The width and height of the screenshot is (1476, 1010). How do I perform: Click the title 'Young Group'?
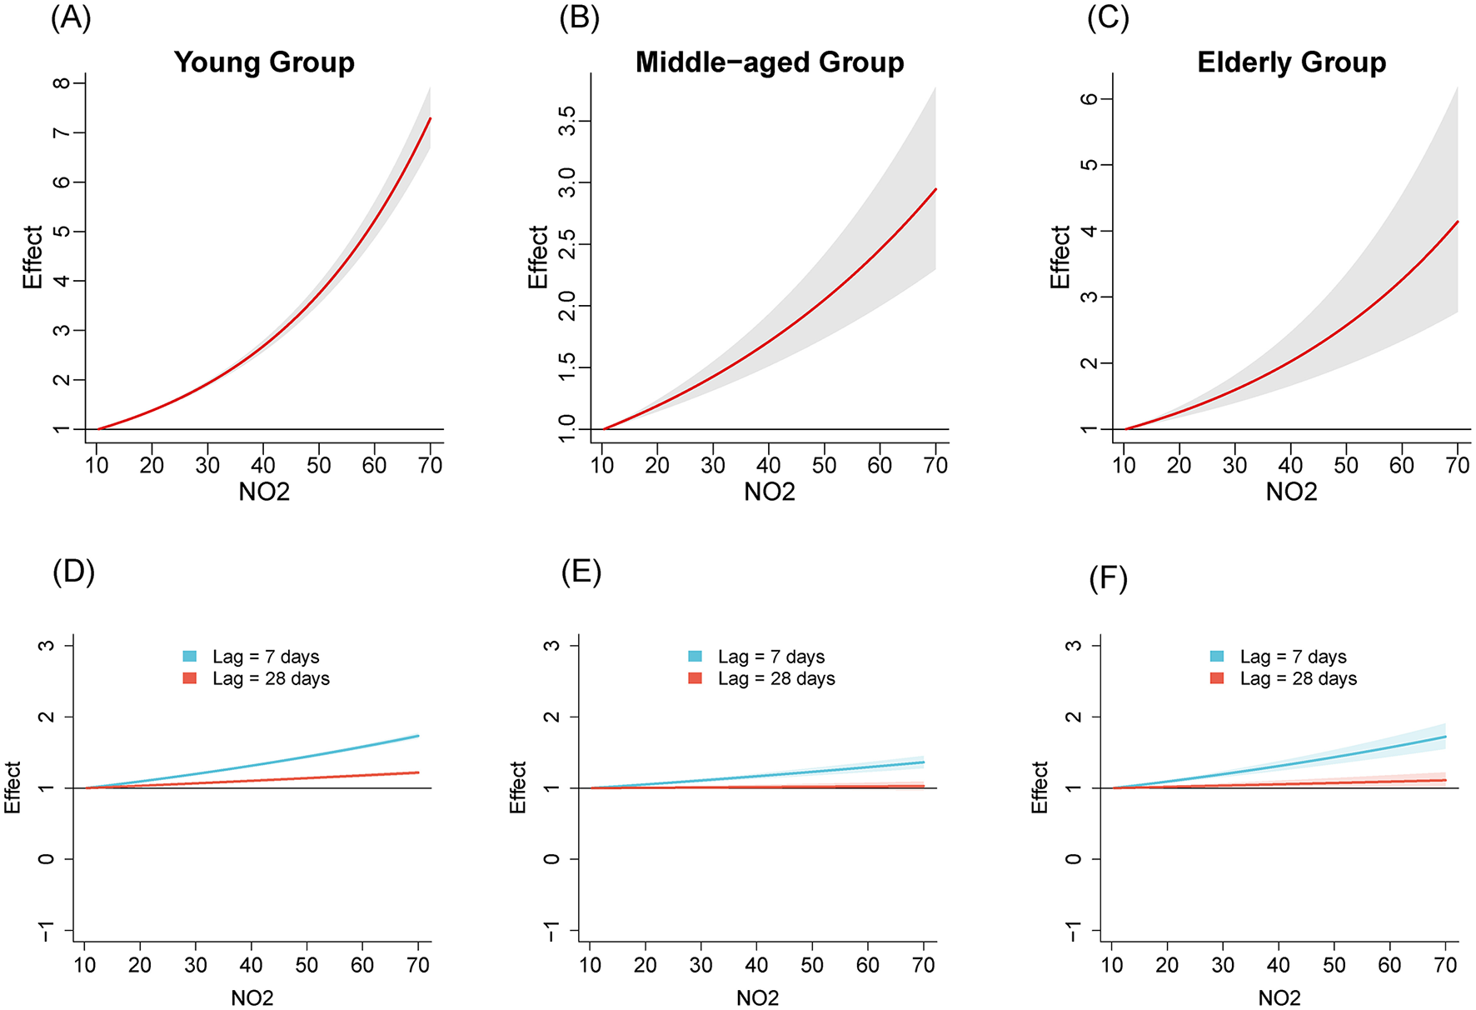(x=264, y=62)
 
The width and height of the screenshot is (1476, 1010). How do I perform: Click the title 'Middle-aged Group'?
(x=769, y=62)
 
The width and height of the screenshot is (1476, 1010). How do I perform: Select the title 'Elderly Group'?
(x=1291, y=62)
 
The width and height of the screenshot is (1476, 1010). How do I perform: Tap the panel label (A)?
(x=71, y=18)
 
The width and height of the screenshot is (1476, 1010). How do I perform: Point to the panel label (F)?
(x=1108, y=578)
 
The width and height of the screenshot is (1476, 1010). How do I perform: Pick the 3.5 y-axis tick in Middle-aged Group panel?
(x=566, y=122)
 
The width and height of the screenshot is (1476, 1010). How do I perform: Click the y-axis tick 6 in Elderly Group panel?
(x=1089, y=98)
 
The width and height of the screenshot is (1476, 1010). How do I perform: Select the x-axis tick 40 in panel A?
(x=263, y=465)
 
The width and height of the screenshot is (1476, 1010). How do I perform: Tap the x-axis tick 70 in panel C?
(x=1457, y=465)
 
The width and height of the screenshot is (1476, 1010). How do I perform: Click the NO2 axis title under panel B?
(x=769, y=492)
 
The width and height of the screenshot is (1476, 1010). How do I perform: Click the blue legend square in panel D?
(x=190, y=657)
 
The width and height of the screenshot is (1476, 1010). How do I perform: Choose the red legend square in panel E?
(x=696, y=678)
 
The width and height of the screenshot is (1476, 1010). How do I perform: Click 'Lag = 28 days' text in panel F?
(x=1298, y=678)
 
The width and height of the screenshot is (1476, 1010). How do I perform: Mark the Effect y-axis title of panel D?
(x=12, y=787)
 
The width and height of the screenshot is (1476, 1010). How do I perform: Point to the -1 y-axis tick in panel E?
(x=551, y=930)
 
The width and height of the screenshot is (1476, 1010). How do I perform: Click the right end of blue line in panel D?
(x=418, y=736)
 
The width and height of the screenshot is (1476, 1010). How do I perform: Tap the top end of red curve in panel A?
(x=430, y=118)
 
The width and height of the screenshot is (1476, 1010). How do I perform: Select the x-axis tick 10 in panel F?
(x=1112, y=965)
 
